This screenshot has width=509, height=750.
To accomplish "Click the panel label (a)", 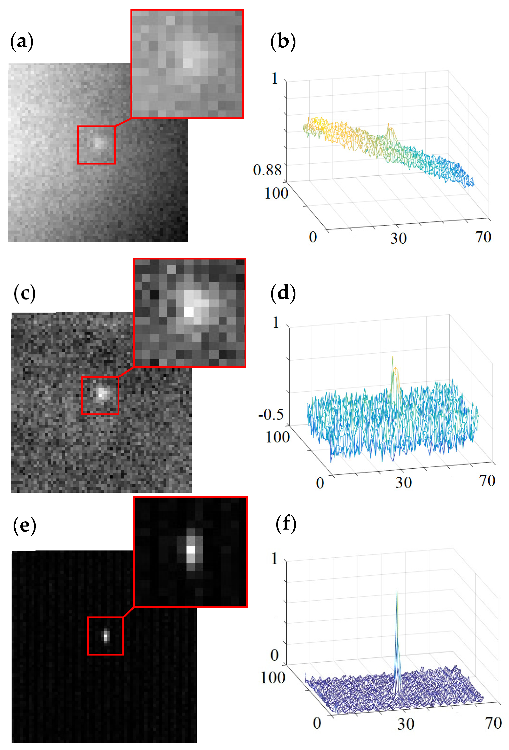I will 22,42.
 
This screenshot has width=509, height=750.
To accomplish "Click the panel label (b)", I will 283,42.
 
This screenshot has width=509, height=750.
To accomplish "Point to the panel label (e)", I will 24,525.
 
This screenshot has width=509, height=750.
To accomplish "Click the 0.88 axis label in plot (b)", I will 267,170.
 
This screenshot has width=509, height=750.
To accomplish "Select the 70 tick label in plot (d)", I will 487,481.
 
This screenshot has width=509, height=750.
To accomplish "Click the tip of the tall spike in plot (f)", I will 396,591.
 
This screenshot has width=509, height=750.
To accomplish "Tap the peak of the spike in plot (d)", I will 393,357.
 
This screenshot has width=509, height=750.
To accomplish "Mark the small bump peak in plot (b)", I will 388,124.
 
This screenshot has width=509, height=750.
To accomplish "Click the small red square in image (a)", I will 96,145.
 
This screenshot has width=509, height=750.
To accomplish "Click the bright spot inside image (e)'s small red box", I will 106,636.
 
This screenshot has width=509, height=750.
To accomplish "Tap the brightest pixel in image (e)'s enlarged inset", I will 191,549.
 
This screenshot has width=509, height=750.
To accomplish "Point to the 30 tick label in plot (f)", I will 405,724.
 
